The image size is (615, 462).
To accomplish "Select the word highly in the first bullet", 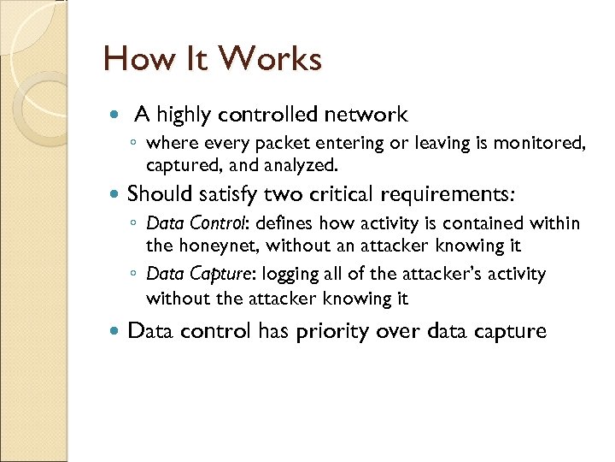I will (x=184, y=115).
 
